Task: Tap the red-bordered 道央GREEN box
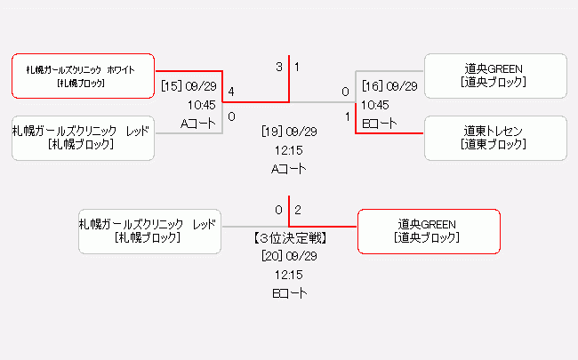(x=428, y=231)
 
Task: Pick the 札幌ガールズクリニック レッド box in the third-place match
(x=149, y=231)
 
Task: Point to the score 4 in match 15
(x=231, y=92)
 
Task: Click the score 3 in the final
(x=278, y=67)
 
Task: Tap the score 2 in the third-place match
(x=298, y=210)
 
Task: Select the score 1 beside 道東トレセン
(x=347, y=116)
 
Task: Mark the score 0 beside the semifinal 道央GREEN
(x=345, y=92)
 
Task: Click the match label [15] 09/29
(x=189, y=86)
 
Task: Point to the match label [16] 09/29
(x=389, y=86)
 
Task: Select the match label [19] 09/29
(x=289, y=131)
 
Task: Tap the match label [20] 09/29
(x=289, y=256)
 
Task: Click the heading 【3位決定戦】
(x=289, y=238)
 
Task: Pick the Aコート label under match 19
(x=289, y=168)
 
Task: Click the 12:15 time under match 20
(x=289, y=275)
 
